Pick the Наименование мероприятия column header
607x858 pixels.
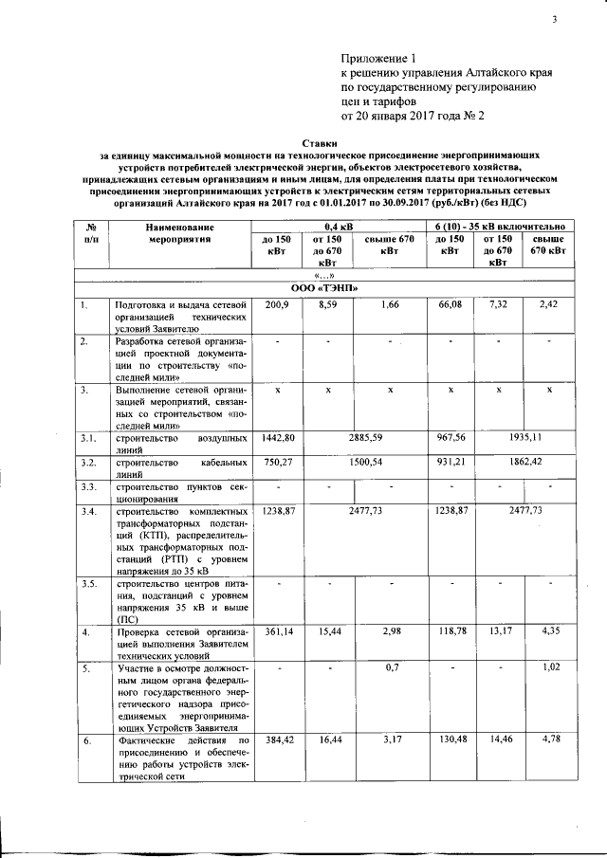click(179, 233)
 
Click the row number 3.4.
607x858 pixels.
click(88, 512)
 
